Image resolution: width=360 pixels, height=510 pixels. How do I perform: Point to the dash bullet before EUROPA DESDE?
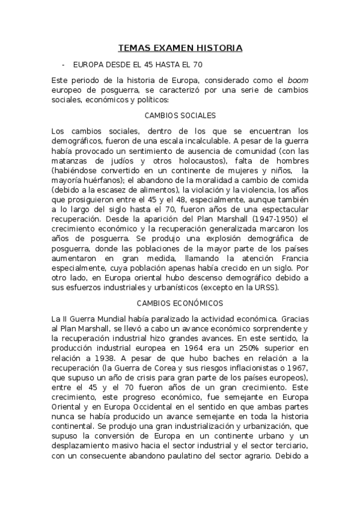click(63, 64)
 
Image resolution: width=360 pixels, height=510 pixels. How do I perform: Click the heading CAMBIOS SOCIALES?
click(180, 115)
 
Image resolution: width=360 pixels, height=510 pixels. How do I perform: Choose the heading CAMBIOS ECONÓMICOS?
click(180, 303)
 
